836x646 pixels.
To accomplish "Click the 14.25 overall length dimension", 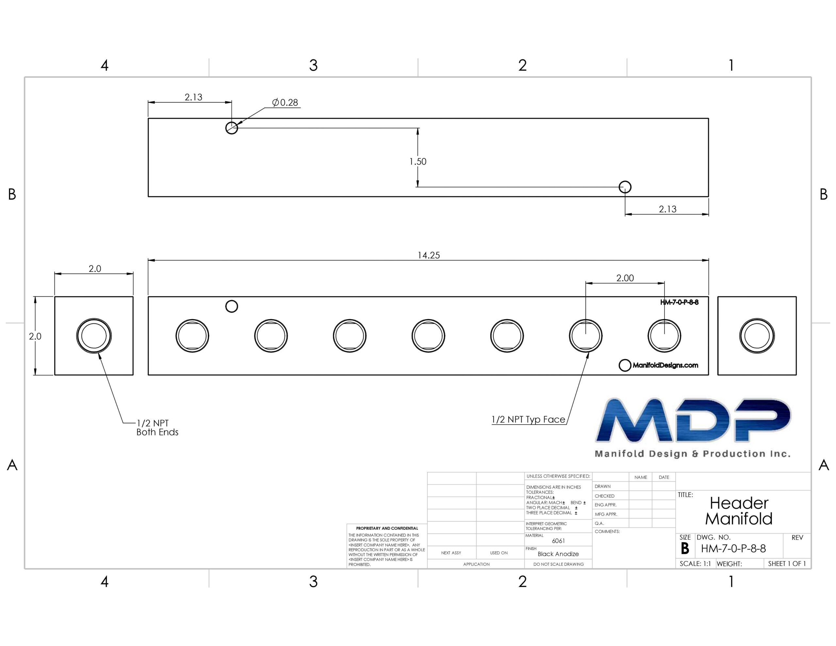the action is [x=428, y=255].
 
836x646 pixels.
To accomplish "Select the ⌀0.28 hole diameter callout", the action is [x=285, y=103].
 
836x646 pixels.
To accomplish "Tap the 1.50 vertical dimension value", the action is [x=418, y=162].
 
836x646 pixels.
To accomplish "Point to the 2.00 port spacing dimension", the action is [x=625, y=278].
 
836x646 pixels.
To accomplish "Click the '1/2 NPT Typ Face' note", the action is [x=528, y=419].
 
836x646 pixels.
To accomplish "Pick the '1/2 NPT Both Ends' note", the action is [x=157, y=428].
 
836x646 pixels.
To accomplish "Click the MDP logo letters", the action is [x=693, y=420].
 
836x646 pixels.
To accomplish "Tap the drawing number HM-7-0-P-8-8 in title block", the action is [x=733, y=548].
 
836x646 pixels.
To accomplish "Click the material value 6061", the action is [x=558, y=541].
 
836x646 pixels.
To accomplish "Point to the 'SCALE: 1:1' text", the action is [x=695, y=564].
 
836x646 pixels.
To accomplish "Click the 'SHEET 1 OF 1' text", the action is [x=787, y=564].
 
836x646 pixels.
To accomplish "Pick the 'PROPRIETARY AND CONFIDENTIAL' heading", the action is [x=387, y=528].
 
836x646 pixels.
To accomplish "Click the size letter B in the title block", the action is [x=685, y=549].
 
